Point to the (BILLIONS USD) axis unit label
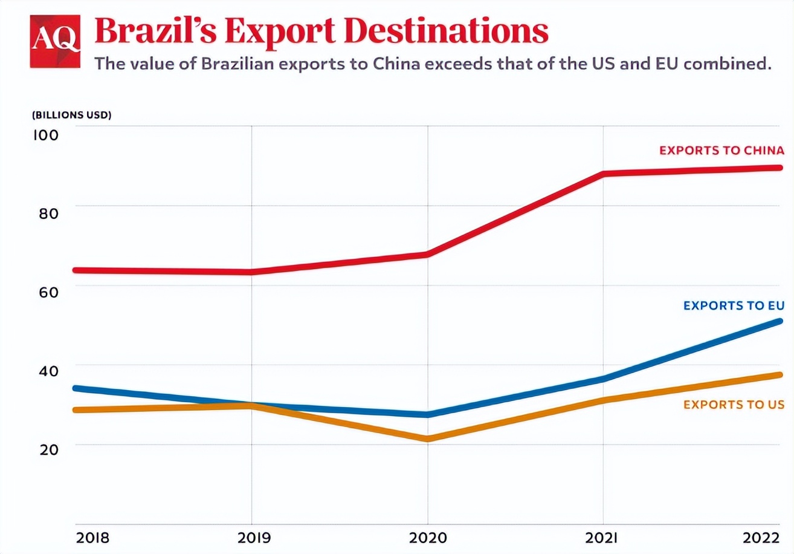click(x=71, y=115)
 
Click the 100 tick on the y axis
click(x=45, y=134)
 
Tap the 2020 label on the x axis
click(x=427, y=538)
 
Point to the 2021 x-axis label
click(x=602, y=538)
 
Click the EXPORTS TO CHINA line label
click(x=721, y=150)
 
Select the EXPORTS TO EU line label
click(x=734, y=306)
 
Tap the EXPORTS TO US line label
click(x=734, y=404)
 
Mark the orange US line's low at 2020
click(x=428, y=438)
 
